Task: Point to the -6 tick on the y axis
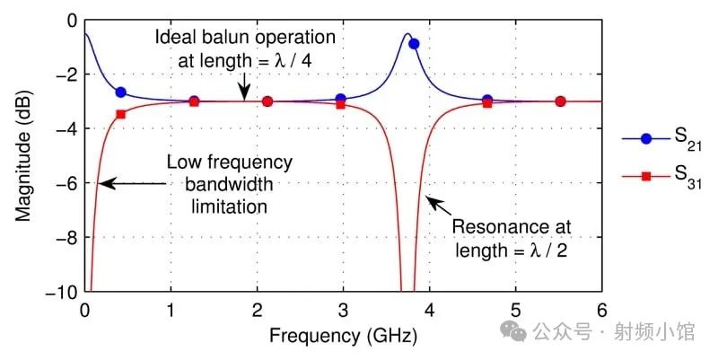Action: tap(67, 183)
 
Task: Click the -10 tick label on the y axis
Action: tap(61, 292)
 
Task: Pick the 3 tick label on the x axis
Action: tap(343, 309)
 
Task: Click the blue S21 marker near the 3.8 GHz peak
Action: tap(414, 43)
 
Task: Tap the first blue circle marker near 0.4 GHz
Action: tap(121, 92)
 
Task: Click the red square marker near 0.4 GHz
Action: tap(121, 114)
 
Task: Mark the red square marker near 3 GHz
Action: tap(340, 105)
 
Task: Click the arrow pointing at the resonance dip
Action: tap(429, 200)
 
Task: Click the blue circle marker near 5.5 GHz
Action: tap(560, 101)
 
